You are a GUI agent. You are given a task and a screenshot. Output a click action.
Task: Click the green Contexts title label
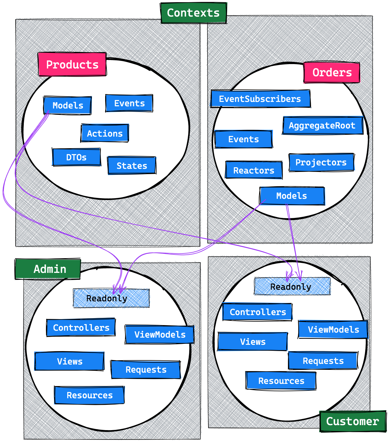[x=194, y=13]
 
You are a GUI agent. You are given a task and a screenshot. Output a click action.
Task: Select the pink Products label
[x=72, y=64]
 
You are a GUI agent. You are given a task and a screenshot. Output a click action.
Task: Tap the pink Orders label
[x=332, y=73]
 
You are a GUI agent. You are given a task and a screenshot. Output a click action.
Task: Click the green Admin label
[x=48, y=269]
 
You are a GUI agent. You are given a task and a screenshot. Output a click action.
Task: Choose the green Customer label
[x=352, y=421]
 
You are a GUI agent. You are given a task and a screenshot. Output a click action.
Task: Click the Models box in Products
[x=68, y=105]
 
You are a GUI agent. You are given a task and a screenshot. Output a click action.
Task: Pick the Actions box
[x=105, y=133]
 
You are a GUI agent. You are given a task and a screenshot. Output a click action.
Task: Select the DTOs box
[x=76, y=157]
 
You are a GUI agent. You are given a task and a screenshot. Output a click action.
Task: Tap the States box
[x=132, y=165]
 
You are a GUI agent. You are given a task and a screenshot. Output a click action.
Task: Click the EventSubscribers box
[x=260, y=99]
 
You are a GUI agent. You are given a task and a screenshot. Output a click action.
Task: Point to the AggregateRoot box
[x=322, y=126]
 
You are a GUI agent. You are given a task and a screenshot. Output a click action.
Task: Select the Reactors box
[x=253, y=170]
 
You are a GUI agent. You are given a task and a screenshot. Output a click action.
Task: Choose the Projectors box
[x=321, y=162]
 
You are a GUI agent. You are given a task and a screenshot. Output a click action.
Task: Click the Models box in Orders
[x=292, y=196]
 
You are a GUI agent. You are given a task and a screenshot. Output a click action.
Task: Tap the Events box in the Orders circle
[x=243, y=139]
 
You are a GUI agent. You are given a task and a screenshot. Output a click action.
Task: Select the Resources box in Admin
[x=90, y=395]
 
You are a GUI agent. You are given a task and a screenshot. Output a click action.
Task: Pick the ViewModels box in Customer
[x=333, y=329]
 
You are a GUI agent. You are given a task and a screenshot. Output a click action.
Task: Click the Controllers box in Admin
[x=81, y=328]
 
